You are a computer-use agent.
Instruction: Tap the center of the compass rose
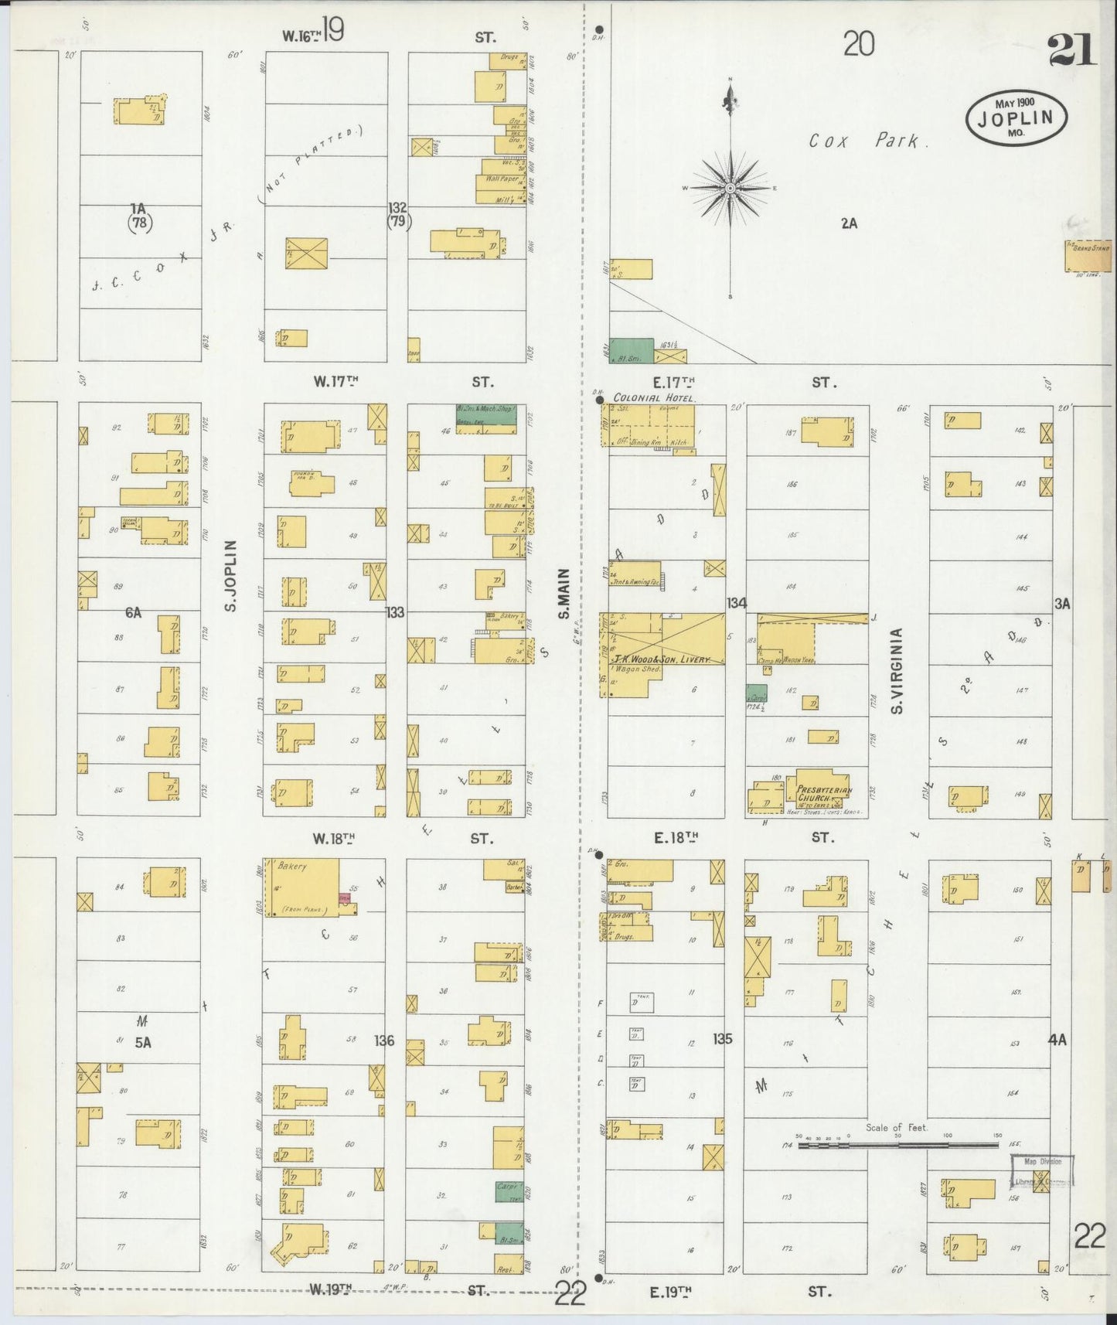730,188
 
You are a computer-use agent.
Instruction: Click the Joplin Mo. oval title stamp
1017,118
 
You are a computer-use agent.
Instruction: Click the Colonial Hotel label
654,397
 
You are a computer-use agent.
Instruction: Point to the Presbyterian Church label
824,794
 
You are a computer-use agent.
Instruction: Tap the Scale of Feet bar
897,1145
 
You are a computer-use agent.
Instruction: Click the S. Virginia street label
897,670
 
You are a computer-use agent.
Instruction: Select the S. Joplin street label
230,575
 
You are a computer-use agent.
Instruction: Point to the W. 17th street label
336,381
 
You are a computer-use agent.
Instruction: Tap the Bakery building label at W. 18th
291,866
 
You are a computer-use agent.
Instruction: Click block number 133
395,612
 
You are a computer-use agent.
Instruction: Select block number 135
722,1038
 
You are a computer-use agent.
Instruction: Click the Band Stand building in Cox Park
1088,257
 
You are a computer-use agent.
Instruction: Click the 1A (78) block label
139,216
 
